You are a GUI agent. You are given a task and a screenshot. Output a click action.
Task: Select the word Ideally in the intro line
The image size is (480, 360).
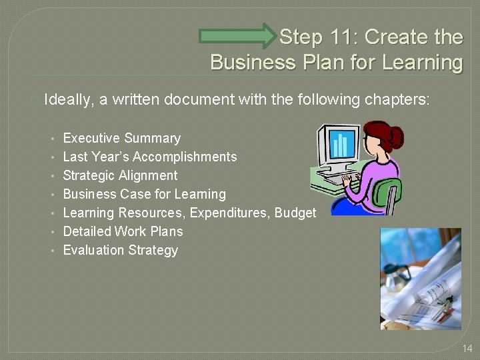70,100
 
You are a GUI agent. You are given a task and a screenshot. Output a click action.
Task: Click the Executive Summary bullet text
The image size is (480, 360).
121,139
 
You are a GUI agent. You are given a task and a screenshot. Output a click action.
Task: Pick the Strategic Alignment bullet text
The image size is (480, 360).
120,176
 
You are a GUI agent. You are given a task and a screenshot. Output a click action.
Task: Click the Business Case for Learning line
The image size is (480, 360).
144,195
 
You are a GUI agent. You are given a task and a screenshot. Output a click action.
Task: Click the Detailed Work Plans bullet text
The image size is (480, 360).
123,232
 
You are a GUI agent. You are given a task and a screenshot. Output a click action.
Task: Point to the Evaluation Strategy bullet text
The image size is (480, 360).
120,251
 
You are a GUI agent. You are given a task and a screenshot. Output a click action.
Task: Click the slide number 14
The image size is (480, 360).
467,349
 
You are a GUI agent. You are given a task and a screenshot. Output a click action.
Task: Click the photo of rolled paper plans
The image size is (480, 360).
420,279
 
